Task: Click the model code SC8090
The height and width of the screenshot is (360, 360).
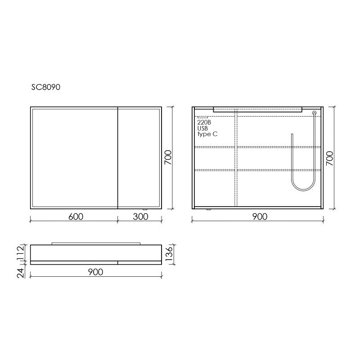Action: tap(46, 87)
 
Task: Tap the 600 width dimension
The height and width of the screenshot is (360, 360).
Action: tap(76, 216)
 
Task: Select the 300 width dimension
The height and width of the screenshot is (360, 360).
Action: tap(140, 216)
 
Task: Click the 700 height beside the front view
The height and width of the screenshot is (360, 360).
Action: tap(168, 157)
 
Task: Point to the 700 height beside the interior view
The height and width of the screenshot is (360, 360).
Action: tap(329, 158)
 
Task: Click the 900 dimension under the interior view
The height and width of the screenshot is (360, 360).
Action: tap(260, 216)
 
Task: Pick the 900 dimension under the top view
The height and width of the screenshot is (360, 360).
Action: tap(95, 272)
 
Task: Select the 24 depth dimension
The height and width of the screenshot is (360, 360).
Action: tap(21, 273)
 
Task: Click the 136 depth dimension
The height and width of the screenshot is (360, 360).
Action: tap(169, 253)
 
